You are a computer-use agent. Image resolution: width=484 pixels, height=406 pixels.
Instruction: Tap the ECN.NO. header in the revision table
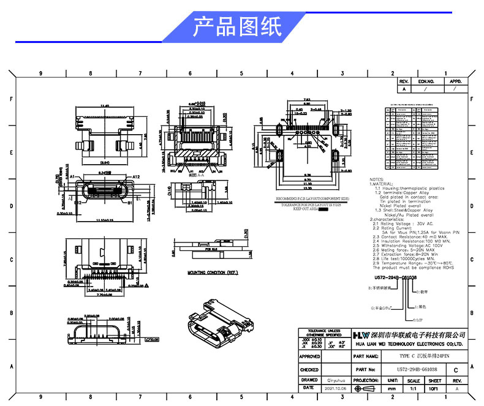click(426, 81)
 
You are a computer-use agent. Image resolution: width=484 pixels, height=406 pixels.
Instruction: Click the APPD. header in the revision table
click(455, 81)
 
